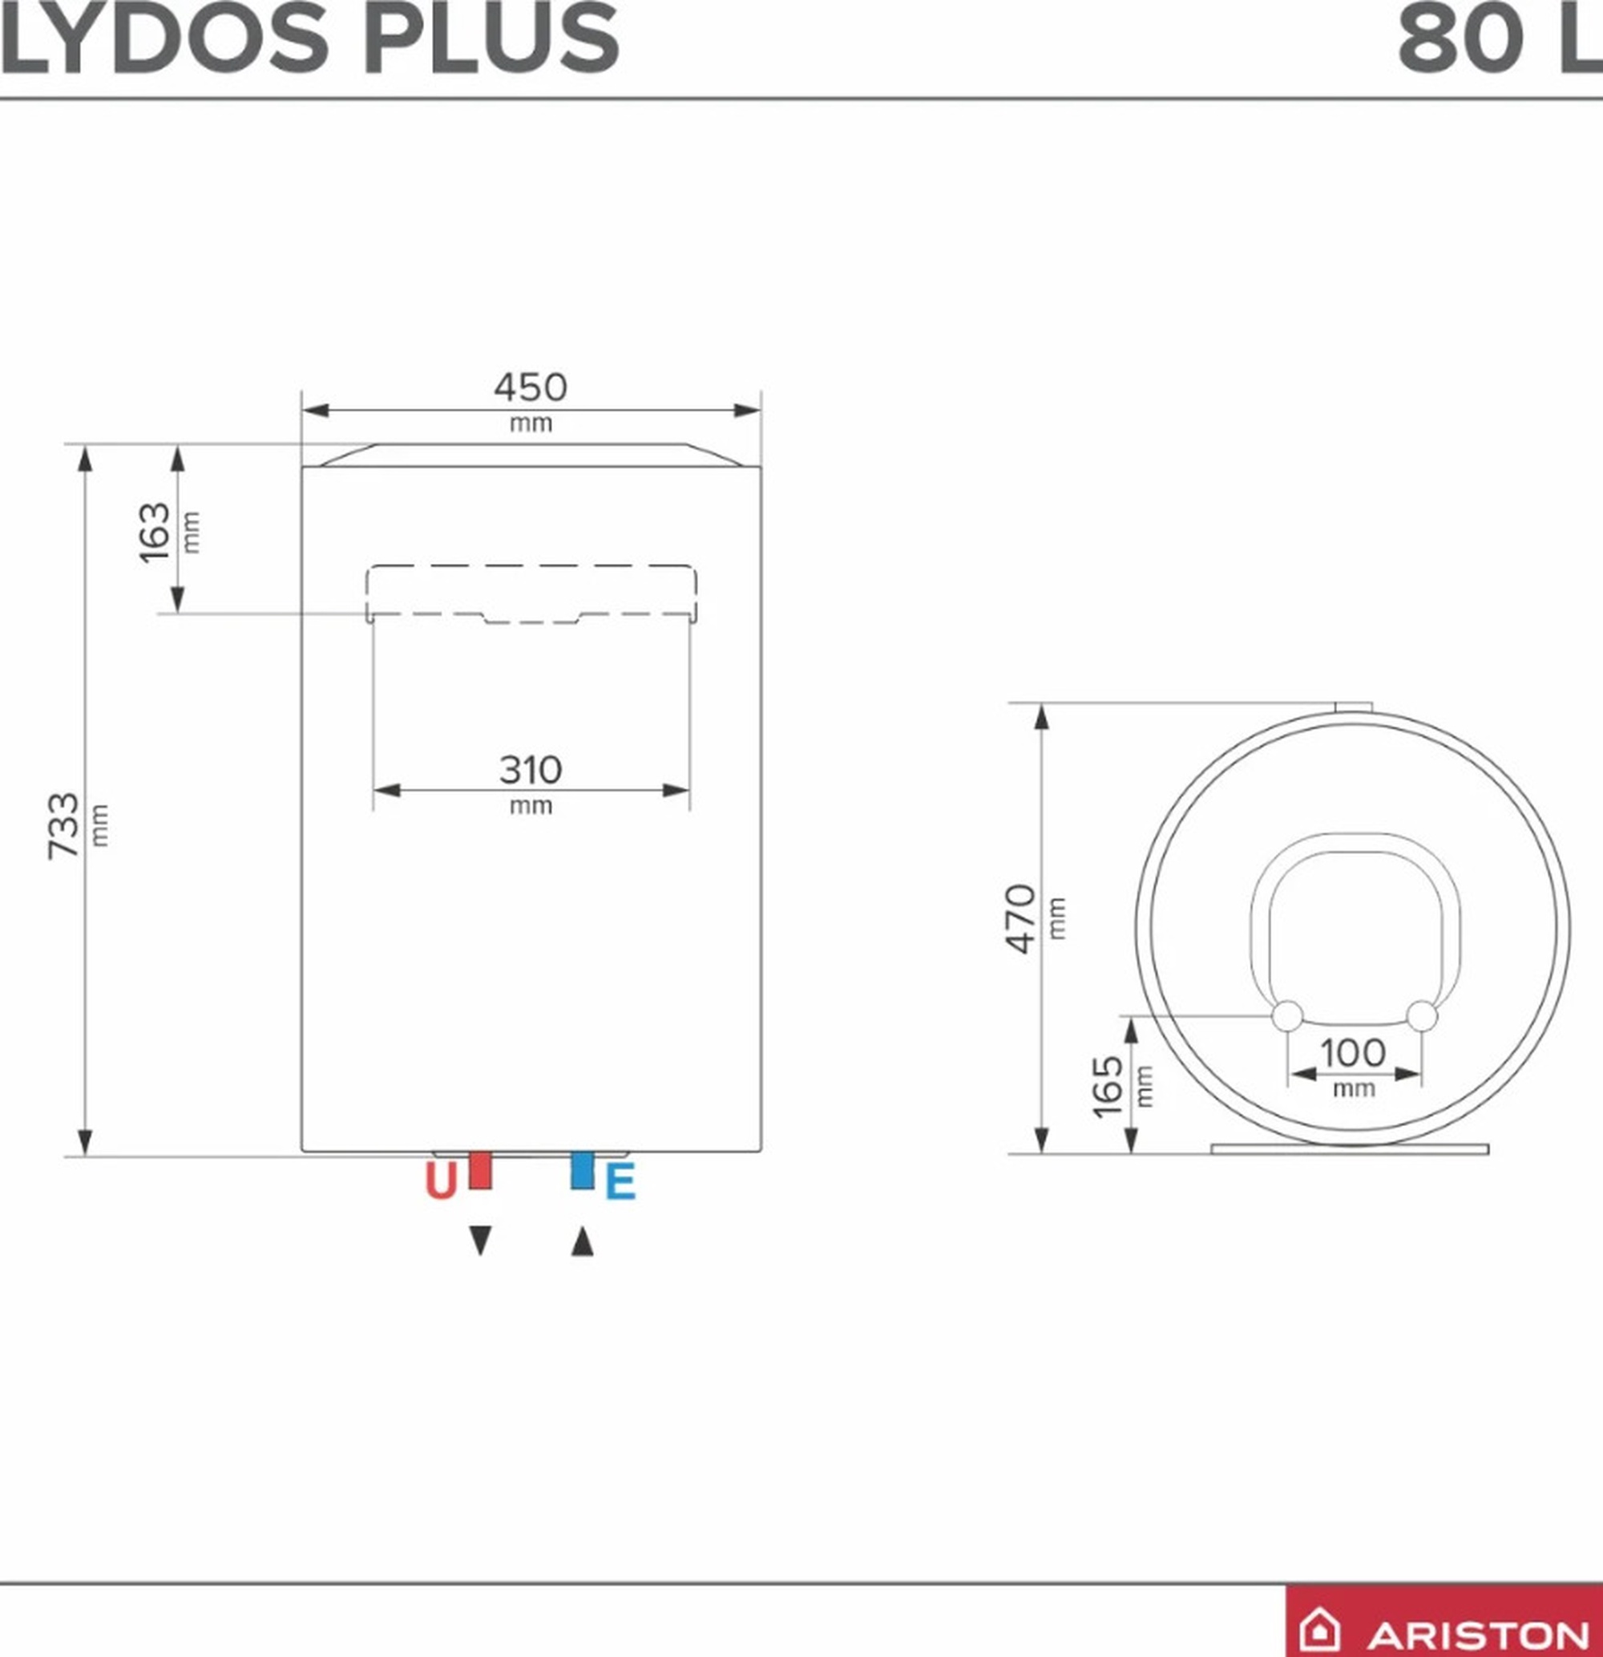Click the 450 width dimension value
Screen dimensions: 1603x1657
tap(531, 388)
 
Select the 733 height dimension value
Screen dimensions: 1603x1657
tap(64, 825)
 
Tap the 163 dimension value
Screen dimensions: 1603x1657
tap(155, 533)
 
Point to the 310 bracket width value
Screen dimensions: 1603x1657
tap(530, 770)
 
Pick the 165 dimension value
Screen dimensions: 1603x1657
tap(1107, 1085)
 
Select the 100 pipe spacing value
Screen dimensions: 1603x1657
tap(1353, 1053)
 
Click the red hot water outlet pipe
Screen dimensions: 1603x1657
tap(480, 1169)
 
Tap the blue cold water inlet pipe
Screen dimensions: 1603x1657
tap(582, 1169)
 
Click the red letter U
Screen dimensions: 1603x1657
tap(440, 1182)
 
